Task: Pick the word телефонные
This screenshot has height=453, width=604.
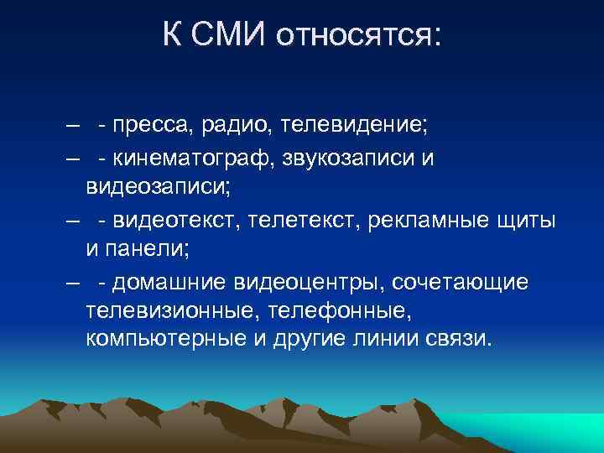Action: (343, 311)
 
